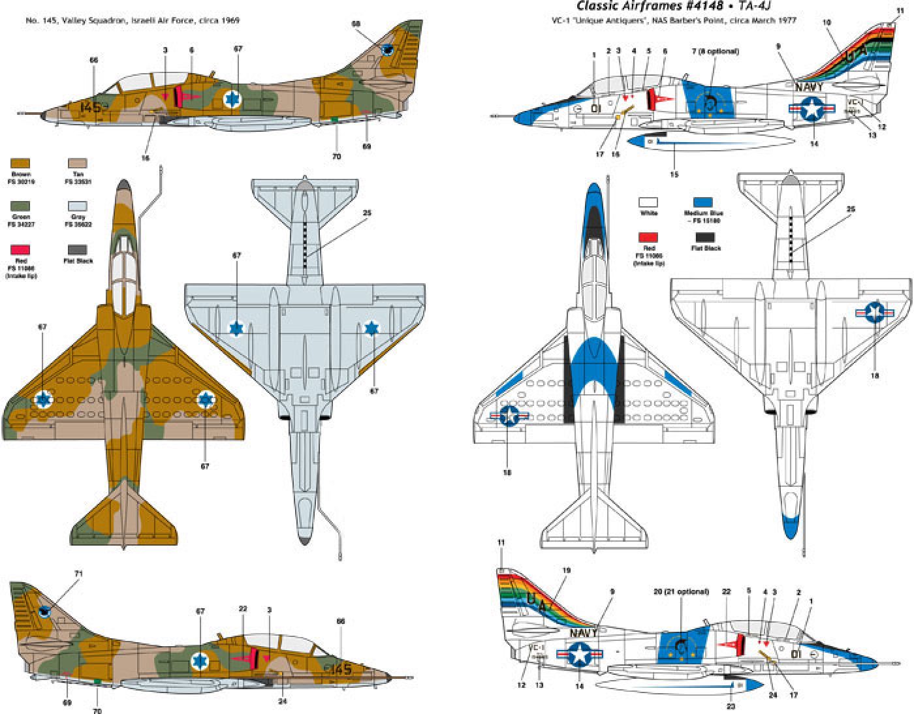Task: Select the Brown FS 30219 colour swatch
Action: coord(20,164)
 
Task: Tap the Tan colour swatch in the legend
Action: coord(78,164)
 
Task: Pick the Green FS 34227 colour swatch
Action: coord(20,206)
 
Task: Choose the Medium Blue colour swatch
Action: coord(703,203)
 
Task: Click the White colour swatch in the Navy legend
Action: coord(648,203)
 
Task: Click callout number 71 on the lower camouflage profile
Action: coord(78,574)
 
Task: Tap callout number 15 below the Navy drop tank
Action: coord(674,174)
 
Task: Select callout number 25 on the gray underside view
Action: coord(367,213)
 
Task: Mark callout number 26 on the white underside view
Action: coord(850,210)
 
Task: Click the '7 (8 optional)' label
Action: coord(715,51)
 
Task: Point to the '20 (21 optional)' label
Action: coord(680,591)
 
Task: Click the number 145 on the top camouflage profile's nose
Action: coord(91,106)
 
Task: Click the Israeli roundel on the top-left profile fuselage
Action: coord(232,99)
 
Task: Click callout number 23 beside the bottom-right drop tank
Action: coord(731,706)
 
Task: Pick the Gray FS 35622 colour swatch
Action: coord(78,206)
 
